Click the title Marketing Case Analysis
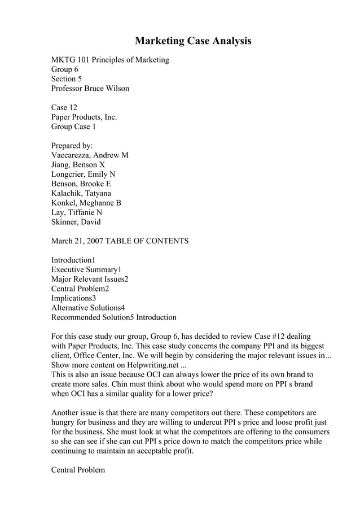coord(192,41)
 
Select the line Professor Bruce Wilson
coord(90,89)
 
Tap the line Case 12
coord(64,107)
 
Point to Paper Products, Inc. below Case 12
coord(84,117)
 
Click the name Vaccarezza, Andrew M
coord(90,155)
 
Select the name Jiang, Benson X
coord(78,165)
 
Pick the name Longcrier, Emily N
coord(84,175)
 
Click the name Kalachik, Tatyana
coord(81,194)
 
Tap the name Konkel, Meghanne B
coord(86,203)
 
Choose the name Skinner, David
coord(76,222)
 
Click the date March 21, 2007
coord(80,241)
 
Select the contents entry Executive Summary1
coord(86,270)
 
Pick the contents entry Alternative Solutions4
coord(88,308)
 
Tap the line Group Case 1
coord(74,127)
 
